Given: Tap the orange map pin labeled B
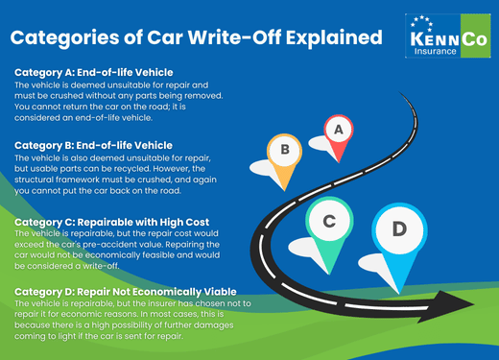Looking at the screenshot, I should [284, 152].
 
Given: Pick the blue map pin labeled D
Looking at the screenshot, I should [399, 230].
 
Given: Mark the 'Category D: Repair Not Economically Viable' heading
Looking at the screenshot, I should [126, 291].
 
